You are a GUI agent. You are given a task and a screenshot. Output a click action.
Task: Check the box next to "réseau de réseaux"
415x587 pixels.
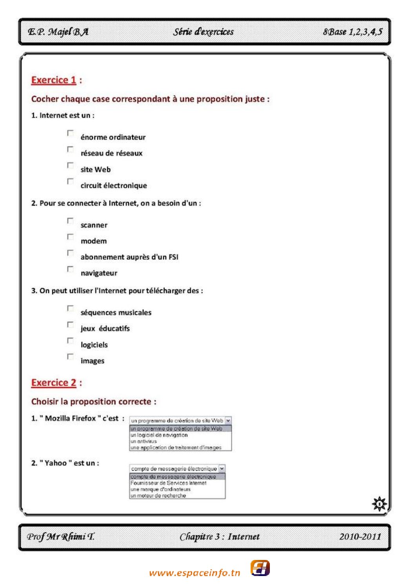[x=70, y=149]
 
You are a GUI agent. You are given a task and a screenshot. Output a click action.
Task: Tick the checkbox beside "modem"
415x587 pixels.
[x=70, y=237]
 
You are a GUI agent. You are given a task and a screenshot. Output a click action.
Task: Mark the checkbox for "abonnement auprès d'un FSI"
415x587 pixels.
[x=70, y=253]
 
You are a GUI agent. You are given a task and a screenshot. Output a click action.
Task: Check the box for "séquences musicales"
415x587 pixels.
[x=70, y=309]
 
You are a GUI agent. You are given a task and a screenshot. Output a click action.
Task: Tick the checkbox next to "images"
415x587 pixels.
[x=70, y=357]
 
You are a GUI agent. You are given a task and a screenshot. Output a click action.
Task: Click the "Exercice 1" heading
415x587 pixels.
[x=54, y=80]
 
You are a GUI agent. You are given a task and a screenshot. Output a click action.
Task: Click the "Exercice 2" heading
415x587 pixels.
[x=54, y=383]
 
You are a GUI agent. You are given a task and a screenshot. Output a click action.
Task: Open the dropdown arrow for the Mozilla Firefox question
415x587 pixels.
[x=228, y=420]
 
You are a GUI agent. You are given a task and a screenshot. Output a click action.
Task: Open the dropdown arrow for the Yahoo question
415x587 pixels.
[x=222, y=469]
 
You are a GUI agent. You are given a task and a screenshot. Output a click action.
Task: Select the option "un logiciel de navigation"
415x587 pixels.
[x=159, y=435]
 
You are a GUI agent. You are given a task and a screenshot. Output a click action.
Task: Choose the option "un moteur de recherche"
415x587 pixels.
[x=158, y=496]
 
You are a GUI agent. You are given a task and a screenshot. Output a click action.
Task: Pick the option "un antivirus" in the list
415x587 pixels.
[x=144, y=441]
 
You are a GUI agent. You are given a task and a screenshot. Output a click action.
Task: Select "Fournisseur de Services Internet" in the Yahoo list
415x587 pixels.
[x=169, y=483]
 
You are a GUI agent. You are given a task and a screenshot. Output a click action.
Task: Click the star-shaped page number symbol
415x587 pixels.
[x=379, y=503]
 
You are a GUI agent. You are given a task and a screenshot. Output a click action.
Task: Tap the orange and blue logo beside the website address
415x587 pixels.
[x=260, y=568]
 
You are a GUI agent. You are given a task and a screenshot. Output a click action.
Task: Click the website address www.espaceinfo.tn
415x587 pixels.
[x=195, y=573]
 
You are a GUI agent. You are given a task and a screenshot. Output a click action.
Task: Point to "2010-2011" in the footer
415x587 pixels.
[x=360, y=536]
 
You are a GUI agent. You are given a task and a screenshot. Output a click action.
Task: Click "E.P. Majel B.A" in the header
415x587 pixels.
[x=58, y=32]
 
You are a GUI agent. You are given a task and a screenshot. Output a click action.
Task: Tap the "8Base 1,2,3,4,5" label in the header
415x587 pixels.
[x=352, y=32]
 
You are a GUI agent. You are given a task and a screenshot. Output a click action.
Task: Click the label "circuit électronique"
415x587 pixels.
[x=114, y=185]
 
